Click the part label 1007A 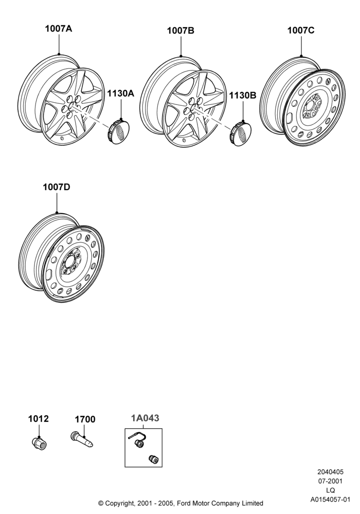pyautogui.click(x=58, y=29)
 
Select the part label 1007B pyautogui.click(x=181, y=30)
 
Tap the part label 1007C pyautogui.click(x=301, y=30)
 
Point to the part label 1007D pyautogui.click(x=57, y=187)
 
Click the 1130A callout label pyautogui.click(x=121, y=94)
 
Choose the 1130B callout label pyautogui.click(x=243, y=96)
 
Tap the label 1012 pyautogui.click(x=39, y=419)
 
